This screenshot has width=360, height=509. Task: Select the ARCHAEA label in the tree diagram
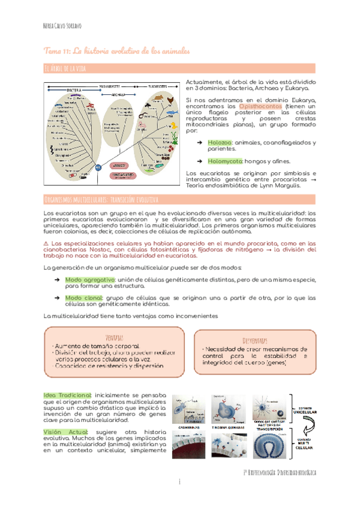click(118, 94)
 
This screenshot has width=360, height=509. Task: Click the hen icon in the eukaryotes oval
click(170, 100)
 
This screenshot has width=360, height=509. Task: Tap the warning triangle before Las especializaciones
click(48, 242)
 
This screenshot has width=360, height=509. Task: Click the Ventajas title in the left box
click(114, 338)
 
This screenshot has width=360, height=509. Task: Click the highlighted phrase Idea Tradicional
click(68, 395)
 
